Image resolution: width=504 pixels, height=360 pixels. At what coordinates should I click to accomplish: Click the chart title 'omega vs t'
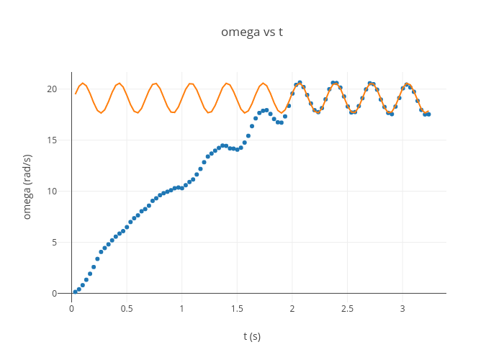click(251, 32)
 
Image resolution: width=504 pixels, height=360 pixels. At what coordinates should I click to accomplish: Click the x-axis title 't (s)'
click(251, 336)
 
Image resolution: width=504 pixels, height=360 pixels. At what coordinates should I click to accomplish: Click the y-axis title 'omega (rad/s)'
click(27, 186)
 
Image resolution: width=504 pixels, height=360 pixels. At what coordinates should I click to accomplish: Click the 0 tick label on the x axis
click(71, 308)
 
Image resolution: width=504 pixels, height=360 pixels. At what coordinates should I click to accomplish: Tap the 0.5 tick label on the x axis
click(127, 308)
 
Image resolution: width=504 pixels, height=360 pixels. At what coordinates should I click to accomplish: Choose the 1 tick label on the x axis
click(182, 308)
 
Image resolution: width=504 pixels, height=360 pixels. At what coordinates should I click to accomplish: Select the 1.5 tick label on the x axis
click(237, 308)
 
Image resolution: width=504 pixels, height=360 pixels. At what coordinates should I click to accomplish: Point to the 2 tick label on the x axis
click(292, 308)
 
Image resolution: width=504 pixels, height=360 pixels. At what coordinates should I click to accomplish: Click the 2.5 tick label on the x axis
click(348, 308)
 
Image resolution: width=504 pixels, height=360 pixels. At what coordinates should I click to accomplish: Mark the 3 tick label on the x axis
click(402, 308)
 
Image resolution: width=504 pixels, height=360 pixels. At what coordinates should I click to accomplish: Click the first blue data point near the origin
click(75, 292)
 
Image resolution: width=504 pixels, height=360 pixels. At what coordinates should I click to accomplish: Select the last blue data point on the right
click(428, 114)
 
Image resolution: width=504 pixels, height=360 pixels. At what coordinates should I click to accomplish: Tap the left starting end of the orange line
click(75, 94)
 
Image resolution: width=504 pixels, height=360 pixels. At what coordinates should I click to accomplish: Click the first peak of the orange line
click(83, 84)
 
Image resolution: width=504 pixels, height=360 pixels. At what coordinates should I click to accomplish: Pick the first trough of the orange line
click(101, 112)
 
